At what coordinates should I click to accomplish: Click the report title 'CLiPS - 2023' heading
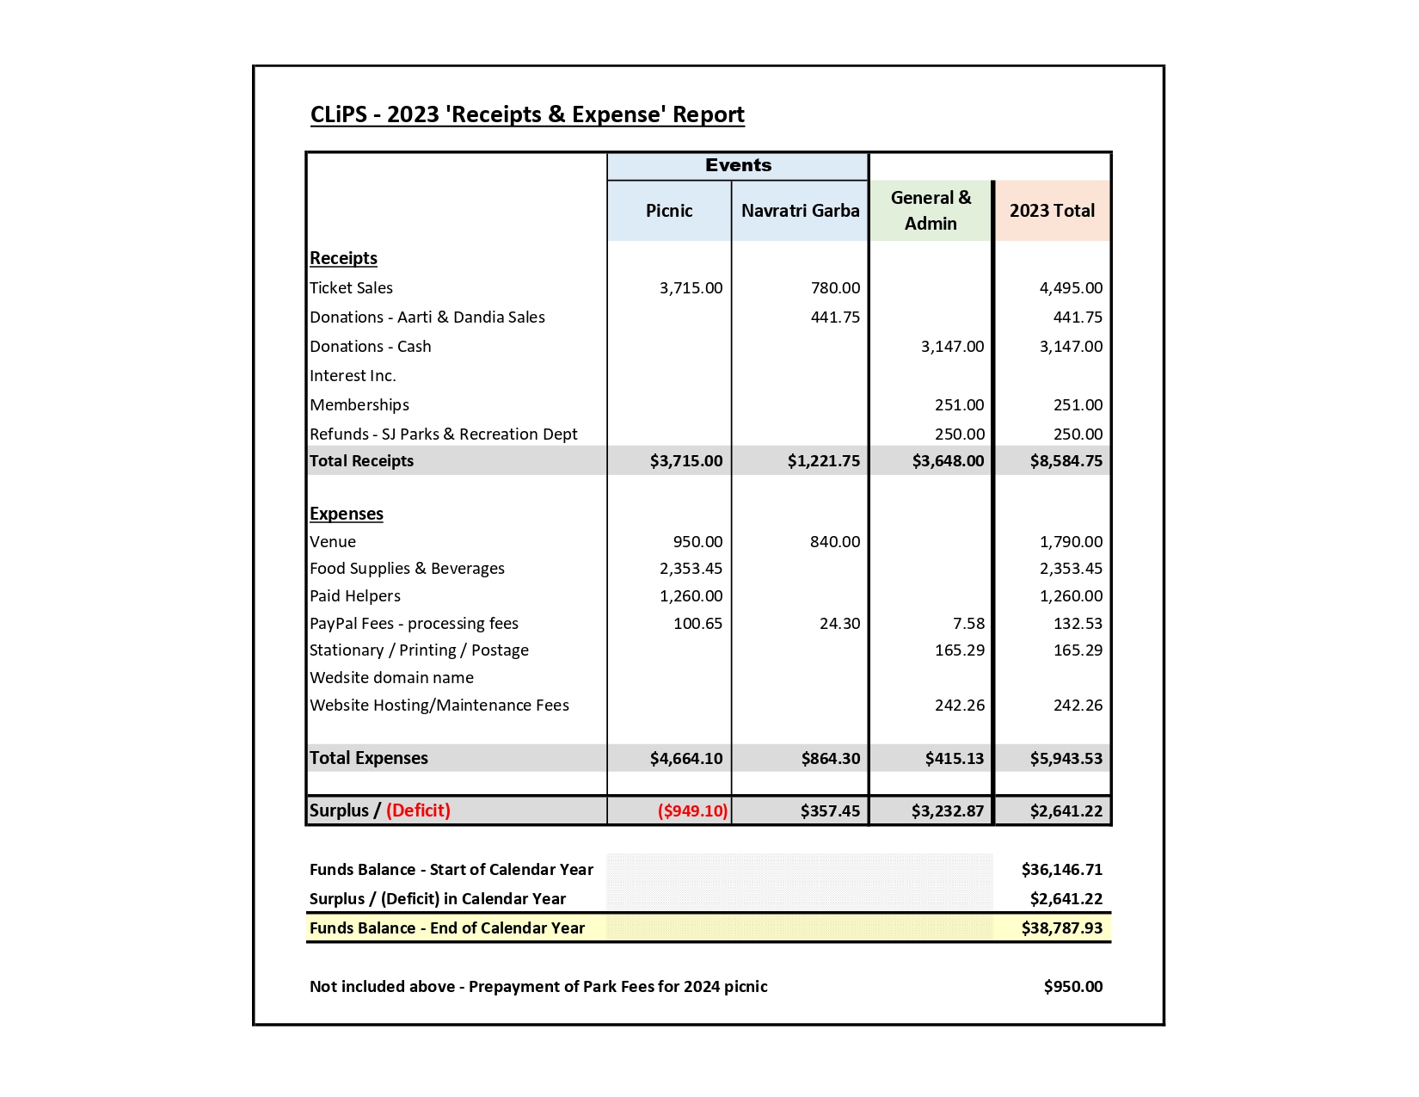526,114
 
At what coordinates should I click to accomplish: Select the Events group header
738,165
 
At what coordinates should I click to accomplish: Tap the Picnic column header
669,211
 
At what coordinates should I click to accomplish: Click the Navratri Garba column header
800,211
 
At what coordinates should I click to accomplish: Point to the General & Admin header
931,211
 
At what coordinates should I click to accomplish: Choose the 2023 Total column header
1052,211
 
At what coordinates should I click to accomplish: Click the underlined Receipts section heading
343,258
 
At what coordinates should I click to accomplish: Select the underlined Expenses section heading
347,514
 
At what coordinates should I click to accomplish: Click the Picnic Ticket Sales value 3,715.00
691,288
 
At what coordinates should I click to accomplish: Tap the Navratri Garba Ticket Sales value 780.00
835,288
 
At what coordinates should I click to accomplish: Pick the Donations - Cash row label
370,347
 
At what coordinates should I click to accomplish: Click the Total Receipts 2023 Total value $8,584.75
1066,461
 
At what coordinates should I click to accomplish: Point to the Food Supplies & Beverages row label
407,569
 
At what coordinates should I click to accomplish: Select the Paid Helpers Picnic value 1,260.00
691,596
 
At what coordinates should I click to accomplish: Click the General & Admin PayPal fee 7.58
968,624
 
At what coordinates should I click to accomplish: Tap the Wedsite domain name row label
391,678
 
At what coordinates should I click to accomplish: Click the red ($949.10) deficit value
692,810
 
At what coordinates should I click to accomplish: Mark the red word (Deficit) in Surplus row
418,810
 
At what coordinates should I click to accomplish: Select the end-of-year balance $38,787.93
1061,928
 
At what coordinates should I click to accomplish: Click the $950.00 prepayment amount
1072,987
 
